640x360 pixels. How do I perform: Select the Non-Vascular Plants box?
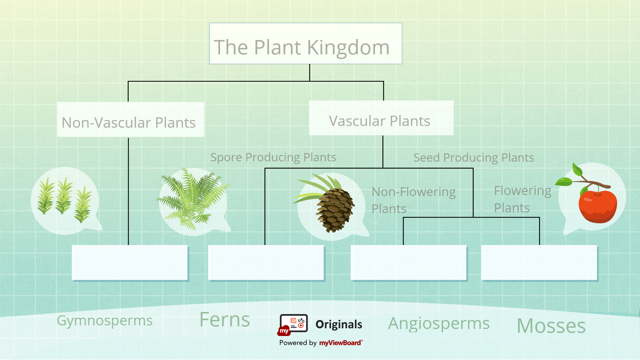(x=130, y=120)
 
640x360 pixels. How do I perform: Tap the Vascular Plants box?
(x=381, y=118)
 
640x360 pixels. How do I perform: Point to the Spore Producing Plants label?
(x=273, y=157)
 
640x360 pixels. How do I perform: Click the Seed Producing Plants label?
(x=473, y=158)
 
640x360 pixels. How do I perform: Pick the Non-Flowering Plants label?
(x=413, y=200)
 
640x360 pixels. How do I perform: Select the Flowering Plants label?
(x=522, y=199)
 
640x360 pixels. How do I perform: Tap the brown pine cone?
(x=335, y=210)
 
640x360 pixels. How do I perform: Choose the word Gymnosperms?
(x=104, y=321)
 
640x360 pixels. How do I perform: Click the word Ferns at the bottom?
(x=224, y=320)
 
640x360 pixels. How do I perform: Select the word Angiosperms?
(x=439, y=323)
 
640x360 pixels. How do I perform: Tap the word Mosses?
(x=551, y=326)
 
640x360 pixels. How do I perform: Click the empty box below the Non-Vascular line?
(x=130, y=263)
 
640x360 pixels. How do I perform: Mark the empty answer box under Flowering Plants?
(x=539, y=263)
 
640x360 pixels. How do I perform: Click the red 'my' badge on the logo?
(x=284, y=331)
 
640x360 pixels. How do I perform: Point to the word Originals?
(x=339, y=324)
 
